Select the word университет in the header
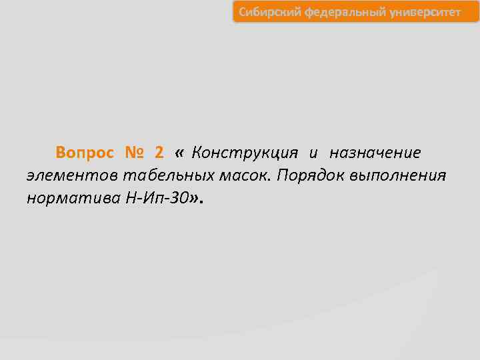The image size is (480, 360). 419,12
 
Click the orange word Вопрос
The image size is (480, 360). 85,153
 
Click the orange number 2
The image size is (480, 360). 159,153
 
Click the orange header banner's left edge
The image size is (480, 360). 235,12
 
